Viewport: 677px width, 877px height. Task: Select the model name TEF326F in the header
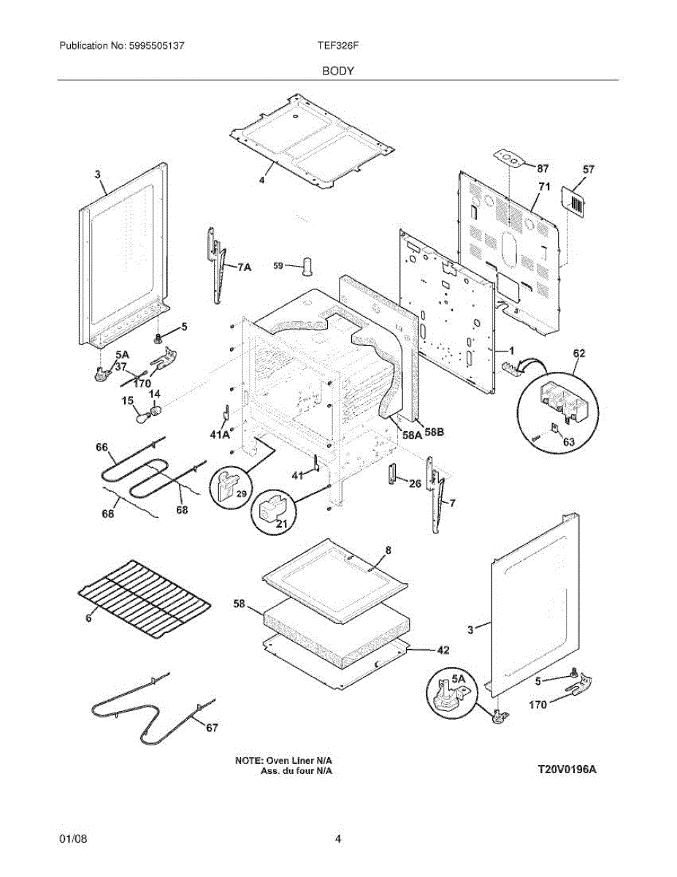[338, 45]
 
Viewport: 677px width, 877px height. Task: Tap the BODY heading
[338, 71]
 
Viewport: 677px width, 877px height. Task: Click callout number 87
[543, 169]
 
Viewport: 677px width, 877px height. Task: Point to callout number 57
[589, 169]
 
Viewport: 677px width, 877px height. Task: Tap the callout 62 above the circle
[578, 353]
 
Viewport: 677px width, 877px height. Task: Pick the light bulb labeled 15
[142, 419]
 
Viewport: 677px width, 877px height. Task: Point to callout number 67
[211, 727]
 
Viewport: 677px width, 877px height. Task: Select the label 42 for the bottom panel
[443, 650]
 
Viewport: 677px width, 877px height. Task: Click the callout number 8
[389, 550]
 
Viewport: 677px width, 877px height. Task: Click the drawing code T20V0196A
[567, 769]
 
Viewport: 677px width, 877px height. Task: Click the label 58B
[434, 433]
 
